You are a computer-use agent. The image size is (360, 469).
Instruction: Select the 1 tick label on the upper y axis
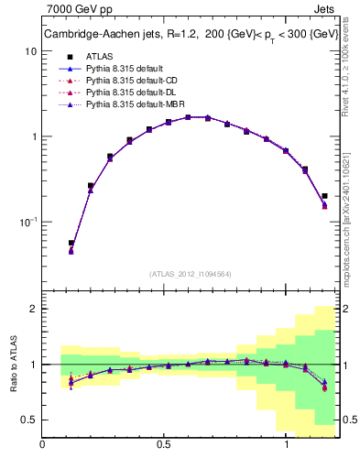click(31, 136)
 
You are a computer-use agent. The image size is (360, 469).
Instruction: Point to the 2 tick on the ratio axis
click(32, 309)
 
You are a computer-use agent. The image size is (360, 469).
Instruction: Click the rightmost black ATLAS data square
click(324, 195)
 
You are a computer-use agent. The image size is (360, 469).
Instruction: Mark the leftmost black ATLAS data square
click(71, 244)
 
